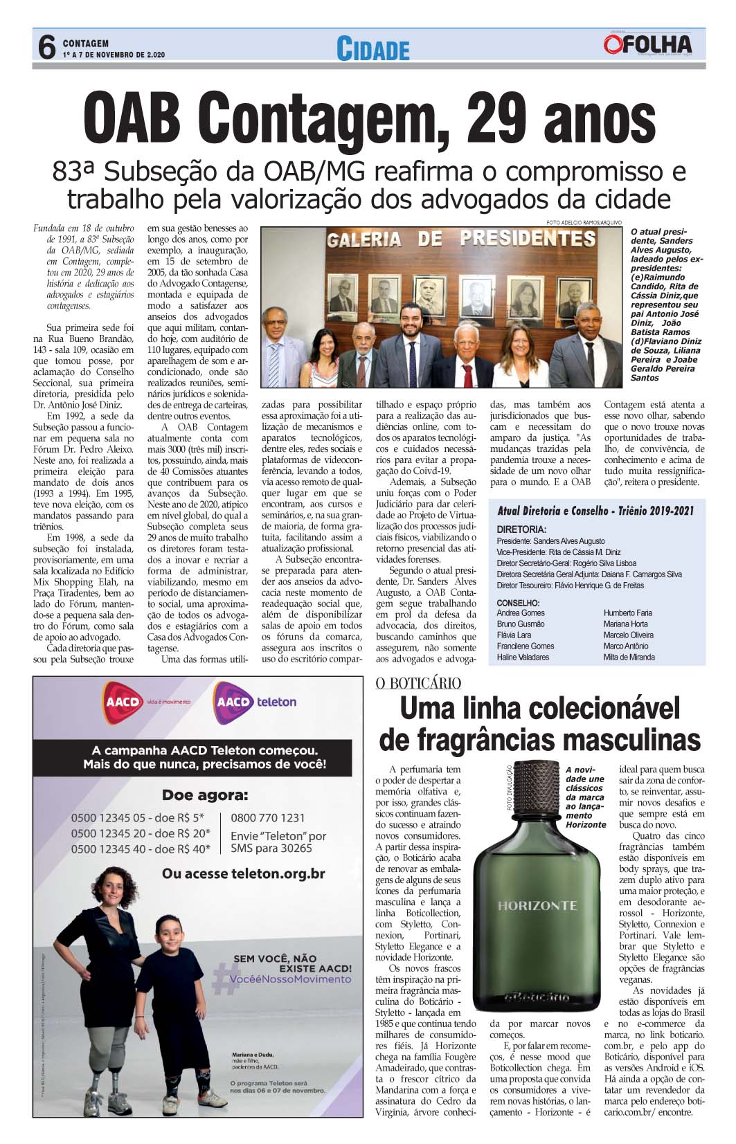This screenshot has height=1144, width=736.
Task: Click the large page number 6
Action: (46, 48)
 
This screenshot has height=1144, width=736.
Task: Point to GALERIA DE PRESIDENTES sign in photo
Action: (462, 239)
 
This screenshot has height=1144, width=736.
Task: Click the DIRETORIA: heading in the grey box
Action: (521, 529)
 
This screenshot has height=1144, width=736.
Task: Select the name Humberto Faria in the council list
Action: (627, 612)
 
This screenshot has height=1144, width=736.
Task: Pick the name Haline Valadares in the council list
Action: (523, 657)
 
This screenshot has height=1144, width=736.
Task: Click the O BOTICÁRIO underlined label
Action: (418, 684)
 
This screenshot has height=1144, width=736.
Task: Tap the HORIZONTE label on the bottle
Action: (537, 905)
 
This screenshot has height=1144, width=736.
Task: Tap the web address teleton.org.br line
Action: (243, 874)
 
